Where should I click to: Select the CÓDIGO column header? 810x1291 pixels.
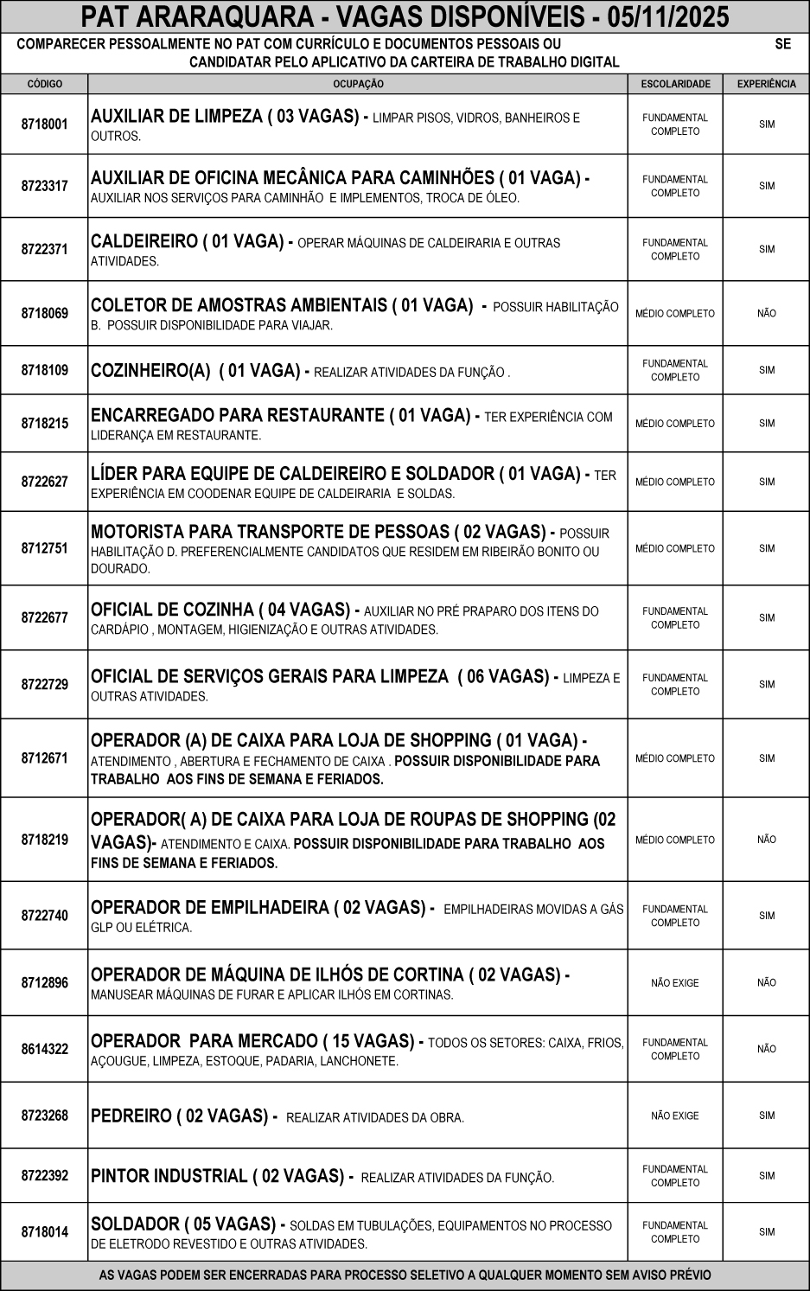pyautogui.click(x=45, y=84)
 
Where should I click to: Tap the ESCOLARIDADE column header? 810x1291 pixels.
pyautogui.click(x=675, y=84)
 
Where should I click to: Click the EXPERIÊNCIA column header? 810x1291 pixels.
pyautogui.click(x=766, y=84)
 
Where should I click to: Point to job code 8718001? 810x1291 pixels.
pyautogui.click(x=45, y=125)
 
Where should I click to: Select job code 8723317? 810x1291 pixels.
pyautogui.click(x=45, y=186)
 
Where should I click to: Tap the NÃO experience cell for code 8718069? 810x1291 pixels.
pyautogui.click(x=766, y=314)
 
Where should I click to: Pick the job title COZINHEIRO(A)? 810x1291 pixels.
pyautogui.click(x=150, y=371)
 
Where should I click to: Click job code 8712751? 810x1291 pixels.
pyautogui.click(x=45, y=548)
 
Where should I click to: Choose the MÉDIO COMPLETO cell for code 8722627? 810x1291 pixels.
pyautogui.click(x=675, y=482)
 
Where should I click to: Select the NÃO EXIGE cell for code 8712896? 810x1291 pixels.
pyautogui.click(x=675, y=983)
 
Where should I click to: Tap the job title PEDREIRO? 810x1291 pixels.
pyautogui.click(x=131, y=1116)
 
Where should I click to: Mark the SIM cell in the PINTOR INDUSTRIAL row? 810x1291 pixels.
pyautogui.click(x=766, y=1176)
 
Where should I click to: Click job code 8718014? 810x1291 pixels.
pyautogui.click(x=45, y=1232)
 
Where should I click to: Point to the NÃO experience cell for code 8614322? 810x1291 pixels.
pyautogui.click(x=766, y=1049)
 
